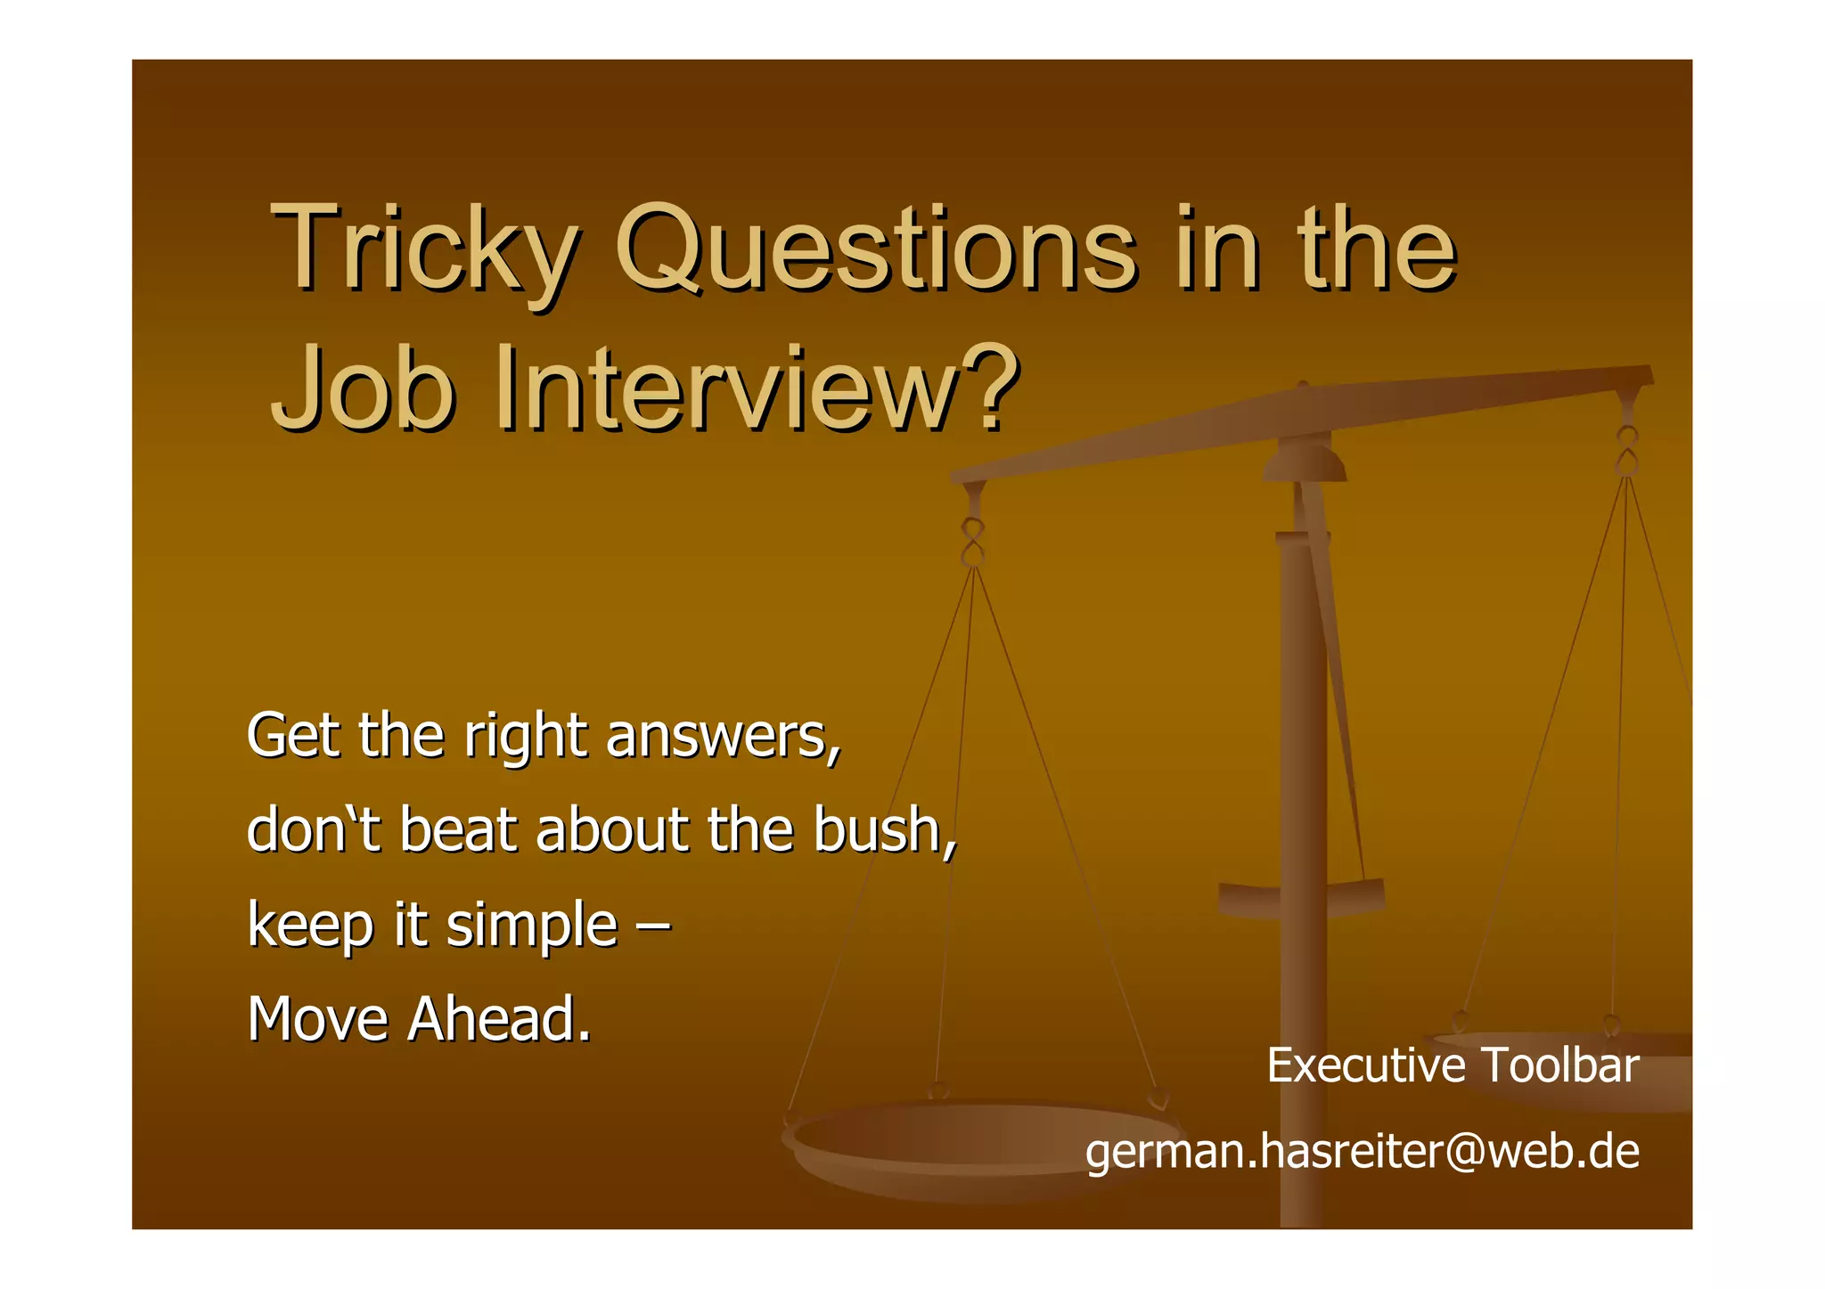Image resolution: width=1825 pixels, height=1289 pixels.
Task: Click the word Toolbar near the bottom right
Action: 1559,1065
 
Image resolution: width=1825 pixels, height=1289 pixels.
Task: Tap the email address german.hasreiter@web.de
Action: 1363,1151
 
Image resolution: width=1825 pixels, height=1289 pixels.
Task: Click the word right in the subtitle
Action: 525,737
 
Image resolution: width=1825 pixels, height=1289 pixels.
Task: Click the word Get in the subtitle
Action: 292,737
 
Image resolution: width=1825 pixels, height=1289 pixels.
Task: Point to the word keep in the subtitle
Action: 310,926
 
